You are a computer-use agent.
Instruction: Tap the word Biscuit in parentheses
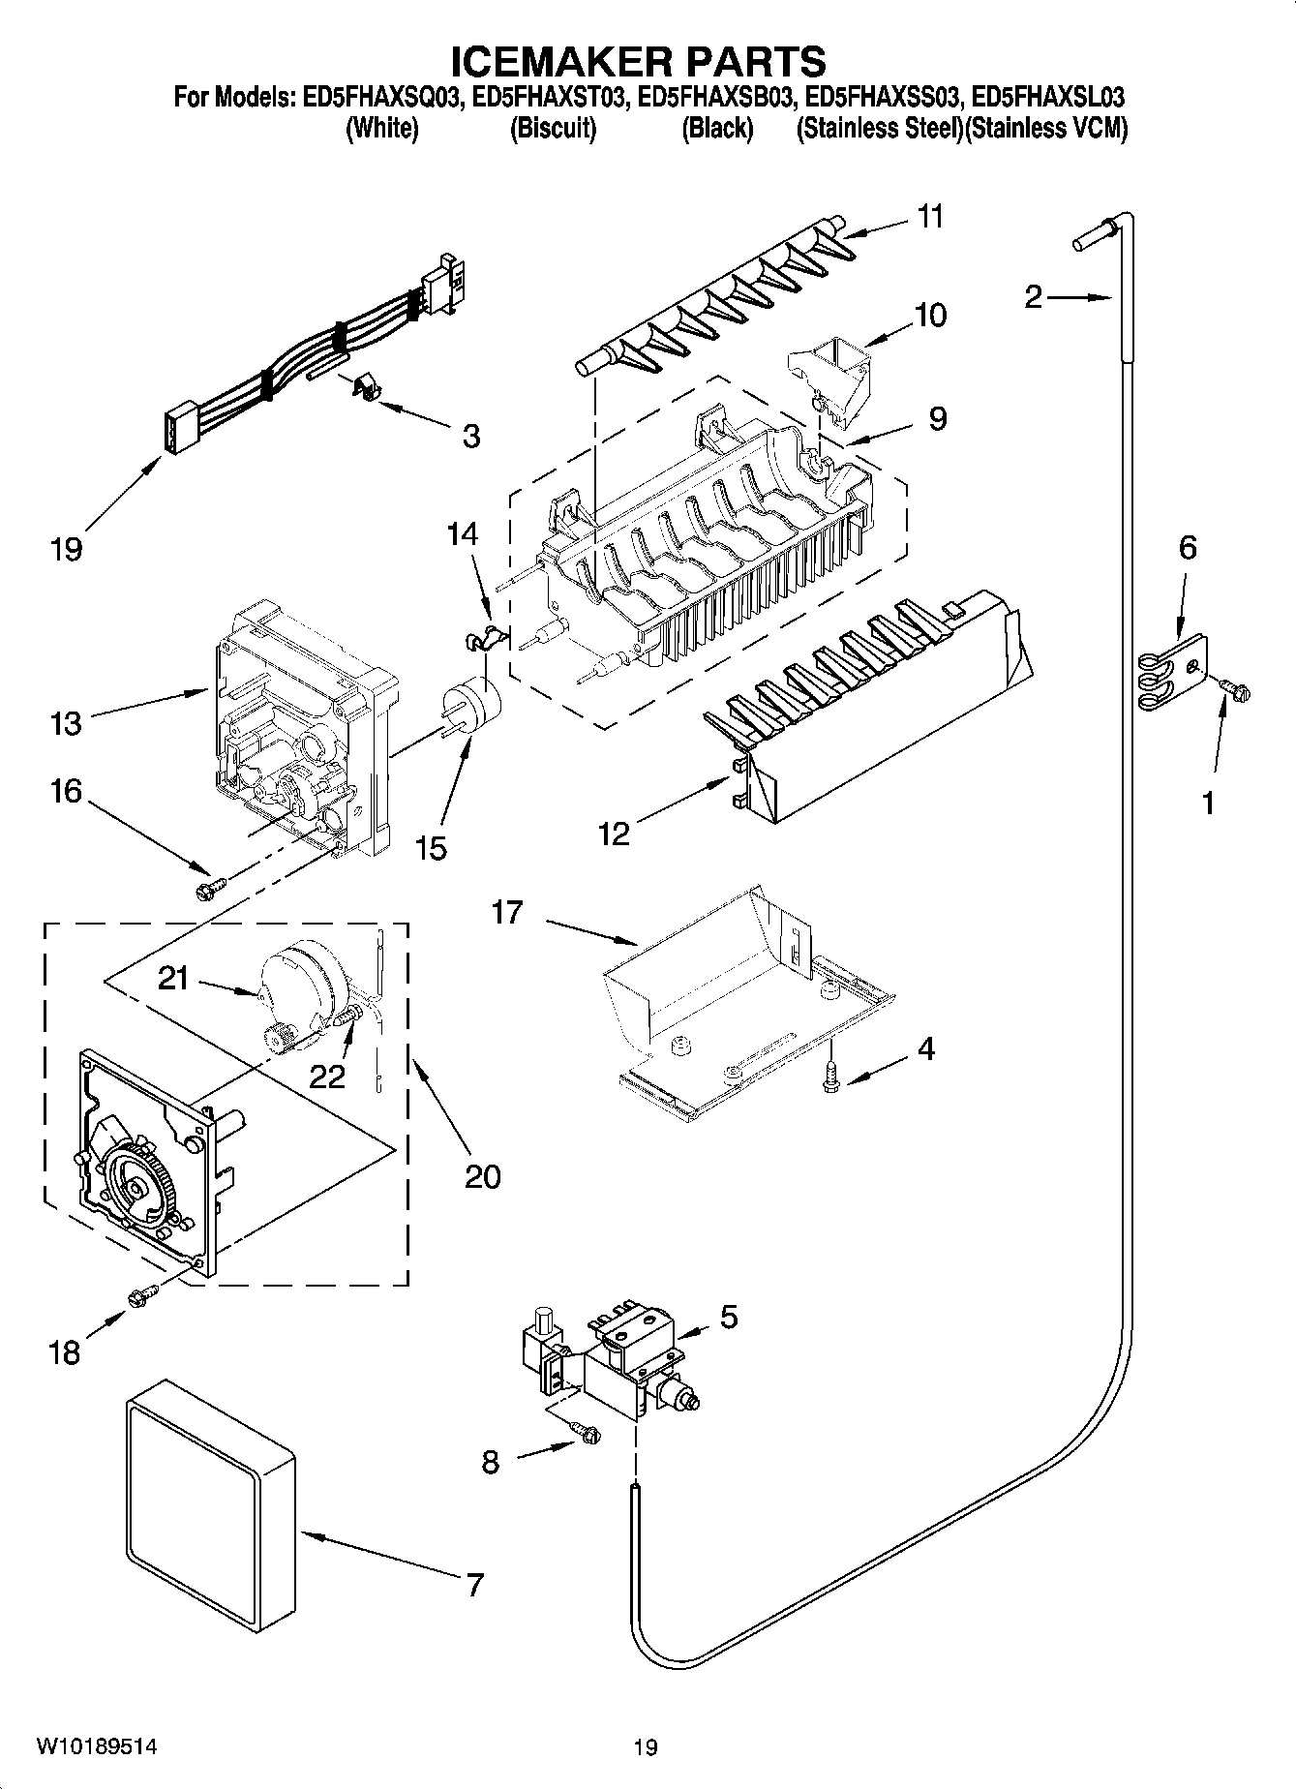click(553, 129)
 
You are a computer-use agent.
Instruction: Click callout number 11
click(929, 217)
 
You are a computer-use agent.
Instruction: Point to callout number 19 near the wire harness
click(67, 550)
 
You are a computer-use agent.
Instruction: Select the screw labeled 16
click(210, 887)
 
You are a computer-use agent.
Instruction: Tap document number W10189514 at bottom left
click(97, 1746)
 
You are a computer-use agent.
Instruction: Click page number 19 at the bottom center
click(646, 1747)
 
